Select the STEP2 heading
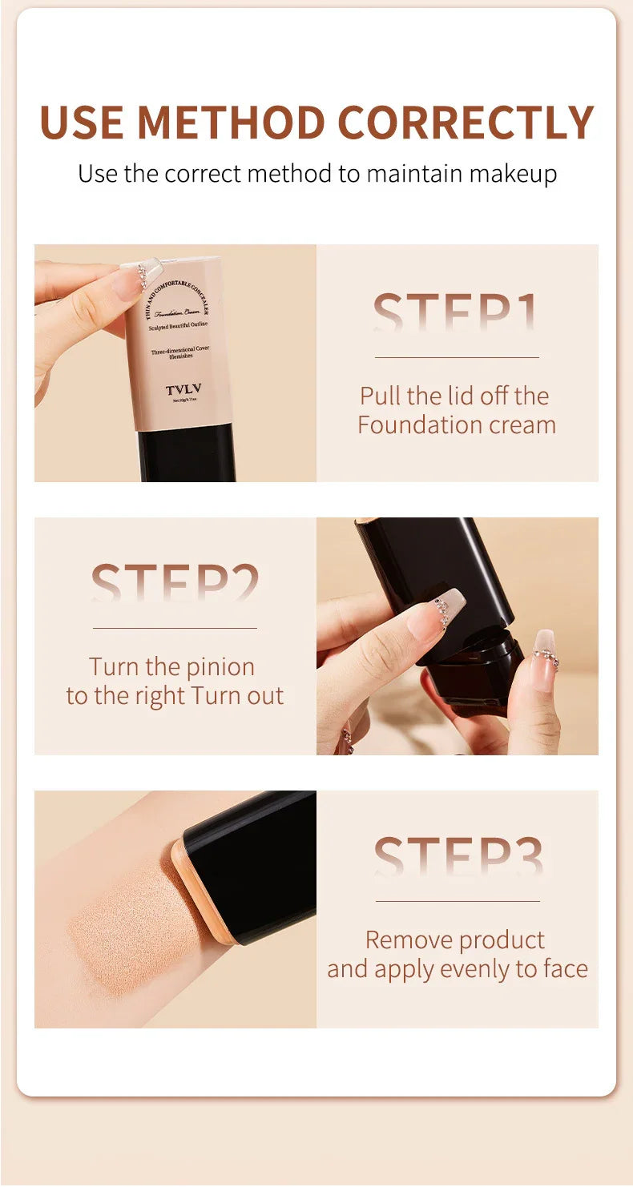tap(175, 584)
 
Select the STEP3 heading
tap(458, 857)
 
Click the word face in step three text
tap(565, 968)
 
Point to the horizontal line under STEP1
tap(457, 357)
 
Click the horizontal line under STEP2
tap(175, 628)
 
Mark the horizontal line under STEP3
tap(458, 901)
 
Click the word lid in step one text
tap(459, 396)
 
